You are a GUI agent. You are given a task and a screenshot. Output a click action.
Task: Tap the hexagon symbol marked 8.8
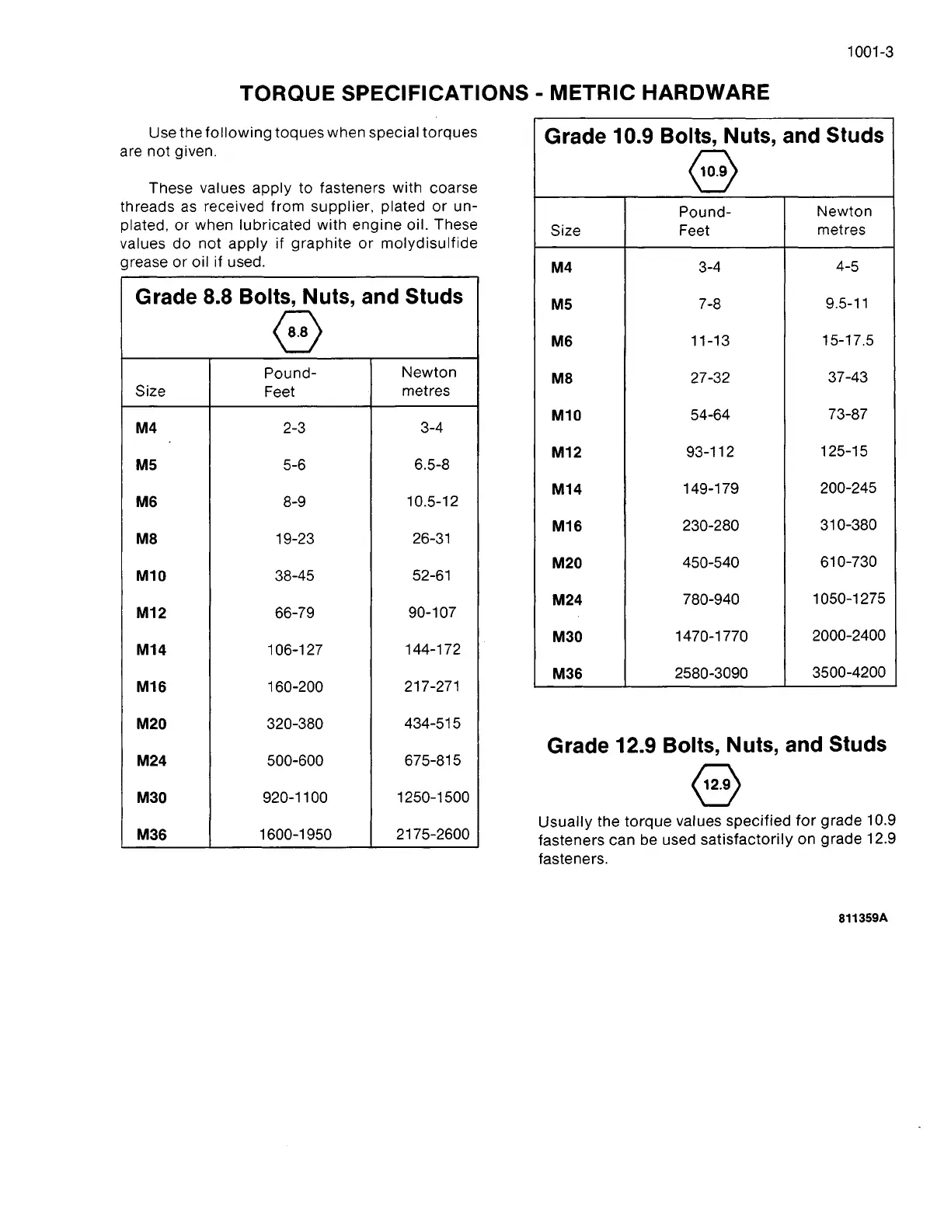[x=298, y=332]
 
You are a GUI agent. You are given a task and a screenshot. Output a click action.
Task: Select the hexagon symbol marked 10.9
[x=712, y=172]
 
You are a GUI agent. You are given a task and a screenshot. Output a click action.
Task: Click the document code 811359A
[x=862, y=918]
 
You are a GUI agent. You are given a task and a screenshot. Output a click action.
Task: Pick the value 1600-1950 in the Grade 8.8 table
[x=295, y=835]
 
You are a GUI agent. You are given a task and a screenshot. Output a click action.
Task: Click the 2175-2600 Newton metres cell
[x=432, y=834]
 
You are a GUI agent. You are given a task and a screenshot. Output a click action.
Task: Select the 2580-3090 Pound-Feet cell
[x=711, y=673]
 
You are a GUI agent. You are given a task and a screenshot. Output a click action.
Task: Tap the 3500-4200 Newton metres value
[x=848, y=672]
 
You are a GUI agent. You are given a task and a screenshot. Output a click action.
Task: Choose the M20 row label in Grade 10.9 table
[x=566, y=563]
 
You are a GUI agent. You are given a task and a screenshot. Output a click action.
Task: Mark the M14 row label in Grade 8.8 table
[x=151, y=650]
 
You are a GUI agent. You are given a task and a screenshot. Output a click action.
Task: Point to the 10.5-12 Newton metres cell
[x=432, y=502]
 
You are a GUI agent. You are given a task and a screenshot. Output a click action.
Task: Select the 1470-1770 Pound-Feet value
[x=711, y=636]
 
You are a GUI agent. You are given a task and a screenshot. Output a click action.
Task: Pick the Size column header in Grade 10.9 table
[x=565, y=231]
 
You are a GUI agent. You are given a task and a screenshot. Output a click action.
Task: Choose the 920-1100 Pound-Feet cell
[x=295, y=797]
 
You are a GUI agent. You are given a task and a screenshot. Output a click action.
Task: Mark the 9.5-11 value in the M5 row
[x=847, y=304]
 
